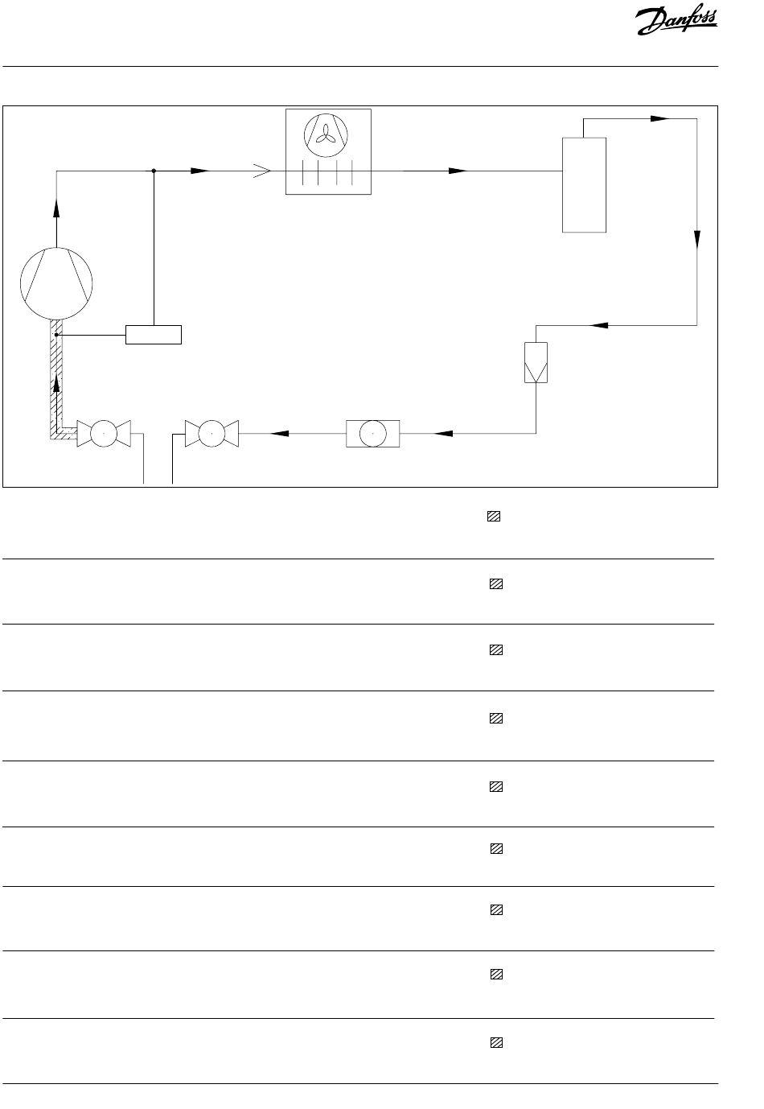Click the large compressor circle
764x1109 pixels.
56,283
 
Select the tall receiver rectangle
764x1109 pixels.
584,184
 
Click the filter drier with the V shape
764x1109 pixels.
536,362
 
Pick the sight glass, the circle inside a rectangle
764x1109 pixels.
373,433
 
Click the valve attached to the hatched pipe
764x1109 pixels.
104,433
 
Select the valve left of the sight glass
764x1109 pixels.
212,433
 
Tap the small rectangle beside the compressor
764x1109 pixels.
154,334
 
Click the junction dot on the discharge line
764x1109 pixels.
154,171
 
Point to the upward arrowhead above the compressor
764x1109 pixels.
56,207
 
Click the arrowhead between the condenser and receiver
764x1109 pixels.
458,171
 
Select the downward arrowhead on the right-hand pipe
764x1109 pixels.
697,240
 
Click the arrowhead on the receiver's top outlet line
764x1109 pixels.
659,118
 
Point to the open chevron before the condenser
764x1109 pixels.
262,171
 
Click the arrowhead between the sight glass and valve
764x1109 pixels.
279,433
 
